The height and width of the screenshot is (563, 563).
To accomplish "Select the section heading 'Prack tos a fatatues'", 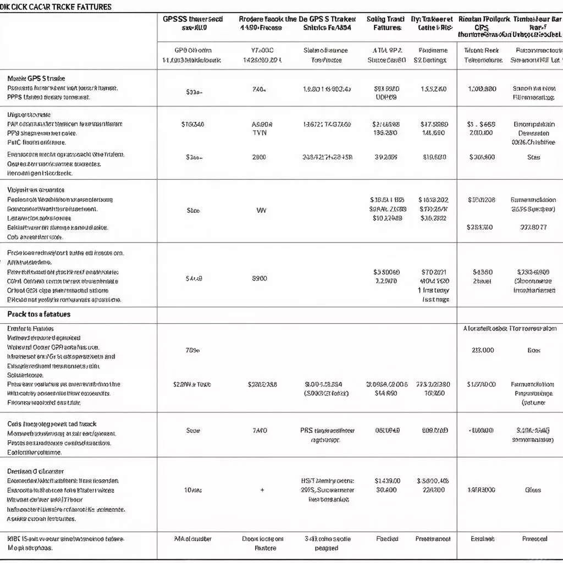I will click(x=38, y=314).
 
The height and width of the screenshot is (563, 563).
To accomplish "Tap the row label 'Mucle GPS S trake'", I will click(x=36, y=79).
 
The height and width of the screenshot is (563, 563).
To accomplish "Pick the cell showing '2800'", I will click(x=259, y=157).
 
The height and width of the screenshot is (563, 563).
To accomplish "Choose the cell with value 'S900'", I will click(x=259, y=278).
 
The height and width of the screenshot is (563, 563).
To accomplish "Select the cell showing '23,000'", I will click(x=483, y=350).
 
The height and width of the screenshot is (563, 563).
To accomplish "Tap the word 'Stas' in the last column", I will click(x=533, y=157).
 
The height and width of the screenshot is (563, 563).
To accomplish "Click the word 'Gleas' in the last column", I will click(x=533, y=490).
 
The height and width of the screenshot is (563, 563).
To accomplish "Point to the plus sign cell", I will click(x=262, y=490).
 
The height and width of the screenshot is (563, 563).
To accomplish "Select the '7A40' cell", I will click(x=259, y=431).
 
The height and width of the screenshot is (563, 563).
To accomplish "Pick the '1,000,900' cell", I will click(x=482, y=89).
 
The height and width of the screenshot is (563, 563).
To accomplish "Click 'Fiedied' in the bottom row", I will click(x=387, y=539).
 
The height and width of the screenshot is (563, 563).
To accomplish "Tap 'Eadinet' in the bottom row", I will click(x=482, y=539).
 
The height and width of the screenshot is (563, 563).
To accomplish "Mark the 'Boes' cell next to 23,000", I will click(x=534, y=350).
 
